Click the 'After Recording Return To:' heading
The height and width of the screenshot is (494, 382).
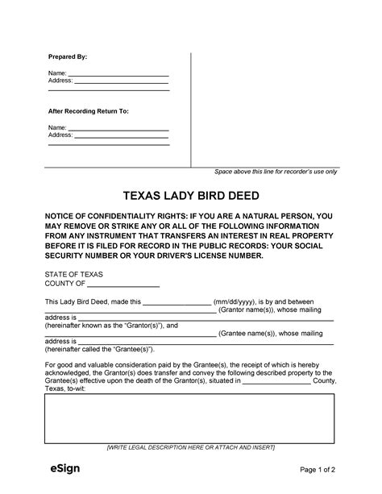click(89, 110)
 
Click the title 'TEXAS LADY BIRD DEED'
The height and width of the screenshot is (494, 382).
click(191, 197)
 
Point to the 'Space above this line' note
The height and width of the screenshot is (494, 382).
click(276, 172)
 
